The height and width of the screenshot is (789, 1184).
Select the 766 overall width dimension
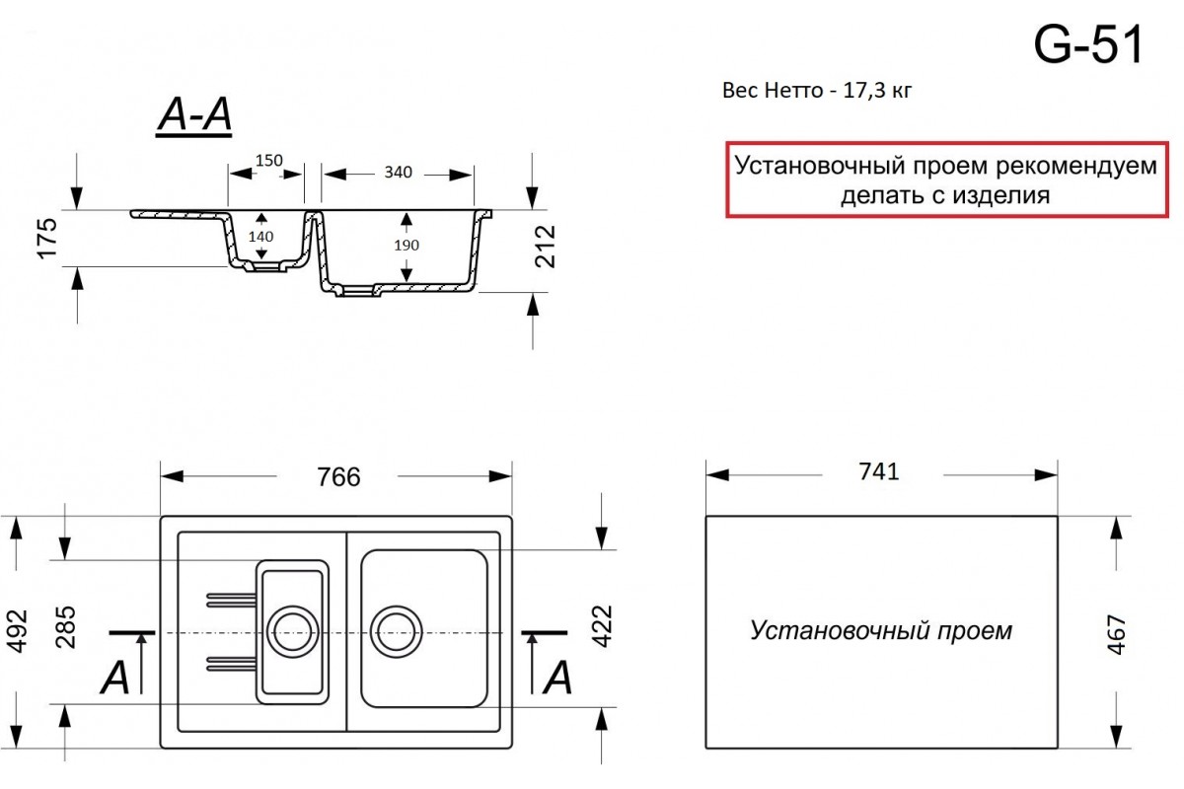338,476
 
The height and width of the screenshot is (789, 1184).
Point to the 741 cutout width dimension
878,471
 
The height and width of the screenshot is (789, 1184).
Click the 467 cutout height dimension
1116,635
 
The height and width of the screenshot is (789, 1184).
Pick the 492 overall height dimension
17,631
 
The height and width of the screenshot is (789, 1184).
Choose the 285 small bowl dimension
65,627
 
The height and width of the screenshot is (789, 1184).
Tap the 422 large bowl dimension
602,626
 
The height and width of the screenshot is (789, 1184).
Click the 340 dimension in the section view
398,173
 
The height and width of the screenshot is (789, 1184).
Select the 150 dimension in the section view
269,160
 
